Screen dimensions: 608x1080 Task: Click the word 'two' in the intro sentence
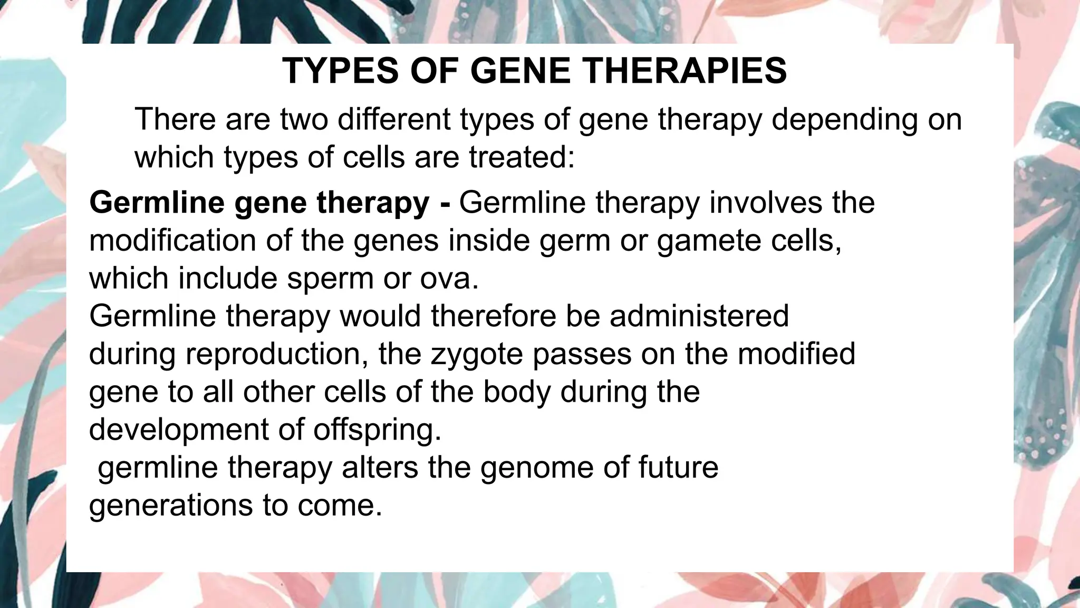pyautogui.click(x=304, y=119)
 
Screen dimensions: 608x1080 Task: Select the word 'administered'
pyautogui.click(x=699, y=316)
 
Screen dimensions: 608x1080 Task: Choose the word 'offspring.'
pyautogui.click(x=377, y=430)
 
